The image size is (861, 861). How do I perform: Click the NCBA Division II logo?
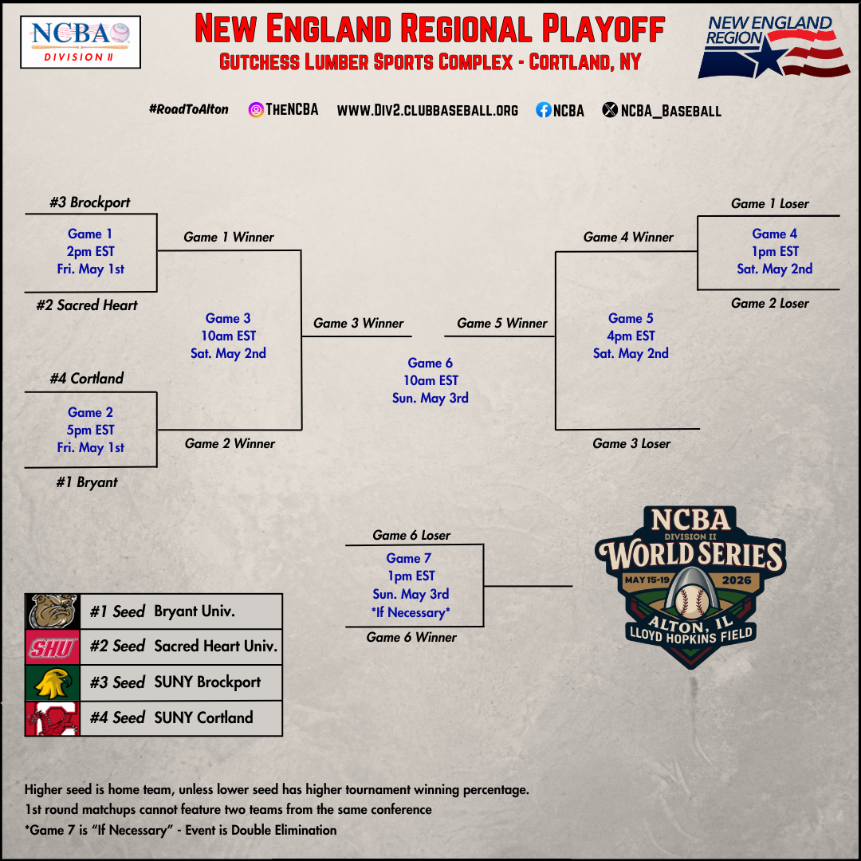[x=81, y=41]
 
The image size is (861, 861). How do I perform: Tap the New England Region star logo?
[x=774, y=47]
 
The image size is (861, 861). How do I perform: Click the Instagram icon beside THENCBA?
[x=256, y=110]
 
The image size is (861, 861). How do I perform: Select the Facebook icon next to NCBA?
[x=543, y=110]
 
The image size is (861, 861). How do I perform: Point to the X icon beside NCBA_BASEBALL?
[x=610, y=110]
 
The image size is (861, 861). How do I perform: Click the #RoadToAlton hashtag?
[x=188, y=109]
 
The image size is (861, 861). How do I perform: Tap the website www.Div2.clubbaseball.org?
[x=427, y=110]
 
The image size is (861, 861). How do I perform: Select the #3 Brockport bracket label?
[x=90, y=202]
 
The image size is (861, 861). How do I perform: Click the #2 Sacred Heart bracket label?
[x=87, y=305]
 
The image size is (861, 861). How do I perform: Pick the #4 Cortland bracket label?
[x=87, y=379]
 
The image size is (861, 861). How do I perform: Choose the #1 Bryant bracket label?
[x=87, y=482]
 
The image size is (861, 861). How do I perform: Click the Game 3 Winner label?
[x=358, y=323]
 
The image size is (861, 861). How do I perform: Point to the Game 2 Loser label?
[x=769, y=303]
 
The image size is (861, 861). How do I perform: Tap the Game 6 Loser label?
[x=411, y=535]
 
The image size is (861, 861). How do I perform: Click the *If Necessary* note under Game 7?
[x=411, y=612]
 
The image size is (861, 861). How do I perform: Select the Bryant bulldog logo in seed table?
[x=53, y=611]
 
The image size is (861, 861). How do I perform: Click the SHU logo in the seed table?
[x=53, y=647]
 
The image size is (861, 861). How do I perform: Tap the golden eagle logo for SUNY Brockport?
[x=53, y=683]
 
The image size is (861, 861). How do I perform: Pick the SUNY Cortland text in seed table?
[x=204, y=717]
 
